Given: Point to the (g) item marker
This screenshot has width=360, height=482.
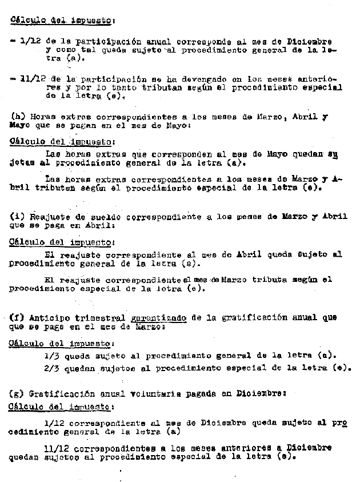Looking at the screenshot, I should click(17, 394).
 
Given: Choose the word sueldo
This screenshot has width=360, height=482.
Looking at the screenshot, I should click(109, 217).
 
